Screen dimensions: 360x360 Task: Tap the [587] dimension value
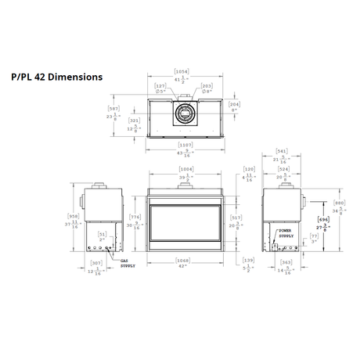coord(113,109)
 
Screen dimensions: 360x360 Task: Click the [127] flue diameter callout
coord(160,86)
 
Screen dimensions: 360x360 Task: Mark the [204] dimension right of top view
coord(235,103)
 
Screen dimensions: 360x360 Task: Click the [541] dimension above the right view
coord(283,151)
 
